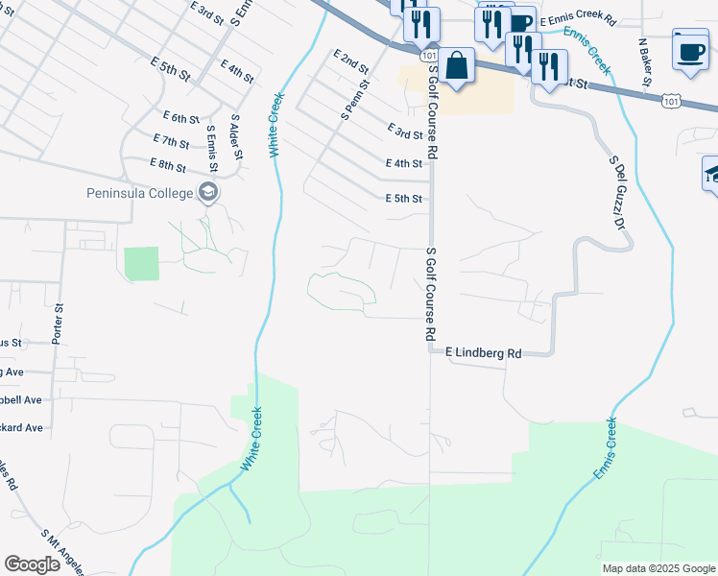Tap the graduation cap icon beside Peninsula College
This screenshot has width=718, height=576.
[207, 194]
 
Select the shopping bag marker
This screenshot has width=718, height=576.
[459, 66]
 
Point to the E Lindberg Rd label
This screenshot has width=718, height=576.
[483, 353]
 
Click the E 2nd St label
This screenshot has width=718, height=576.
[351, 63]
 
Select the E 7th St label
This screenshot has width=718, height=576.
[173, 141]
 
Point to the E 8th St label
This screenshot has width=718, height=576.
[169, 165]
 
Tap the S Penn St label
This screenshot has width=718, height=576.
[348, 100]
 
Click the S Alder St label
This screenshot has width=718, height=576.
[234, 135]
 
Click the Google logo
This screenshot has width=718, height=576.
[32, 564]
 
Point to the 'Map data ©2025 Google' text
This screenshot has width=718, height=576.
[658, 568]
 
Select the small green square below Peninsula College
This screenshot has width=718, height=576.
[141, 263]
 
